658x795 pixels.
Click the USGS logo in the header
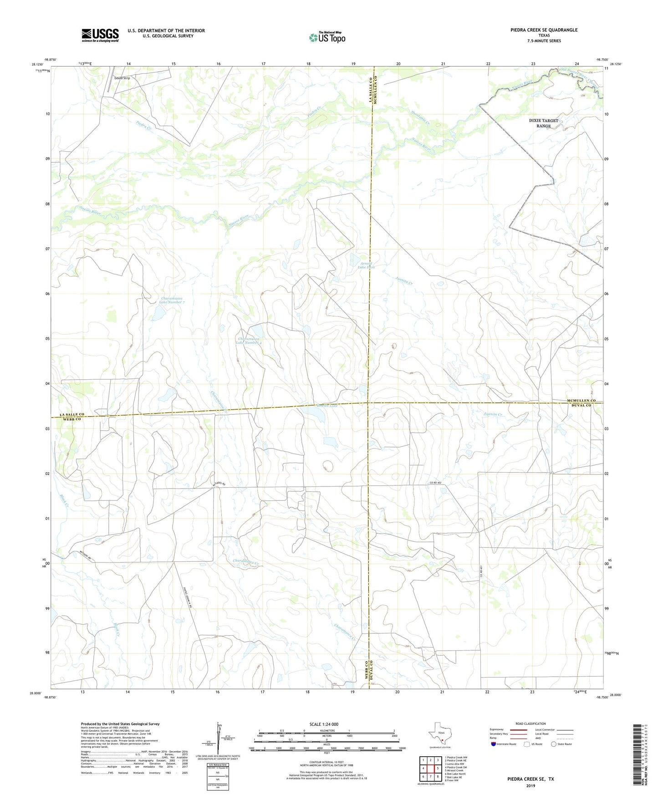(x=100, y=35)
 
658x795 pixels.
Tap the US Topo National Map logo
(x=327, y=37)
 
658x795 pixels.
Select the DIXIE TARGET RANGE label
(x=543, y=123)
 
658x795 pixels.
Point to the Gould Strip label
(x=122, y=78)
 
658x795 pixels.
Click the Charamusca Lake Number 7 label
(x=172, y=300)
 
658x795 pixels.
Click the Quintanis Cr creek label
(x=420, y=113)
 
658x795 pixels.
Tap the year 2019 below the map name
(x=530, y=785)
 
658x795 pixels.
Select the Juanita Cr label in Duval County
(x=493, y=415)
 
